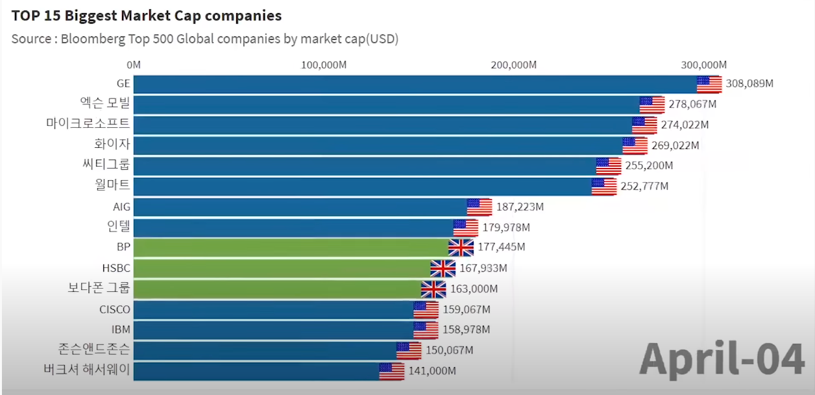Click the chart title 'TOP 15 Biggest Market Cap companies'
point(147,15)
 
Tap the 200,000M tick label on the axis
point(513,65)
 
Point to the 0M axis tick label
point(134,65)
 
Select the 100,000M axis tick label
point(323,65)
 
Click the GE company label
point(123,84)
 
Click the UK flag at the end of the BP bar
point(461,248)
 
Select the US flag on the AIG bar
point(480,207)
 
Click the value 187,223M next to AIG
point(520,207)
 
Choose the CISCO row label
point(115,309)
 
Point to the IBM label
point(121,329)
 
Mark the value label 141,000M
point(432,371)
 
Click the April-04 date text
point(722,359)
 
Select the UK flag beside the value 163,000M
point(433,289)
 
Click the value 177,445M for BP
point(502,247)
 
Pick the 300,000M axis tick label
point(703,65)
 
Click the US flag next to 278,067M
point(652,104)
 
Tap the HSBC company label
point(116,268)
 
